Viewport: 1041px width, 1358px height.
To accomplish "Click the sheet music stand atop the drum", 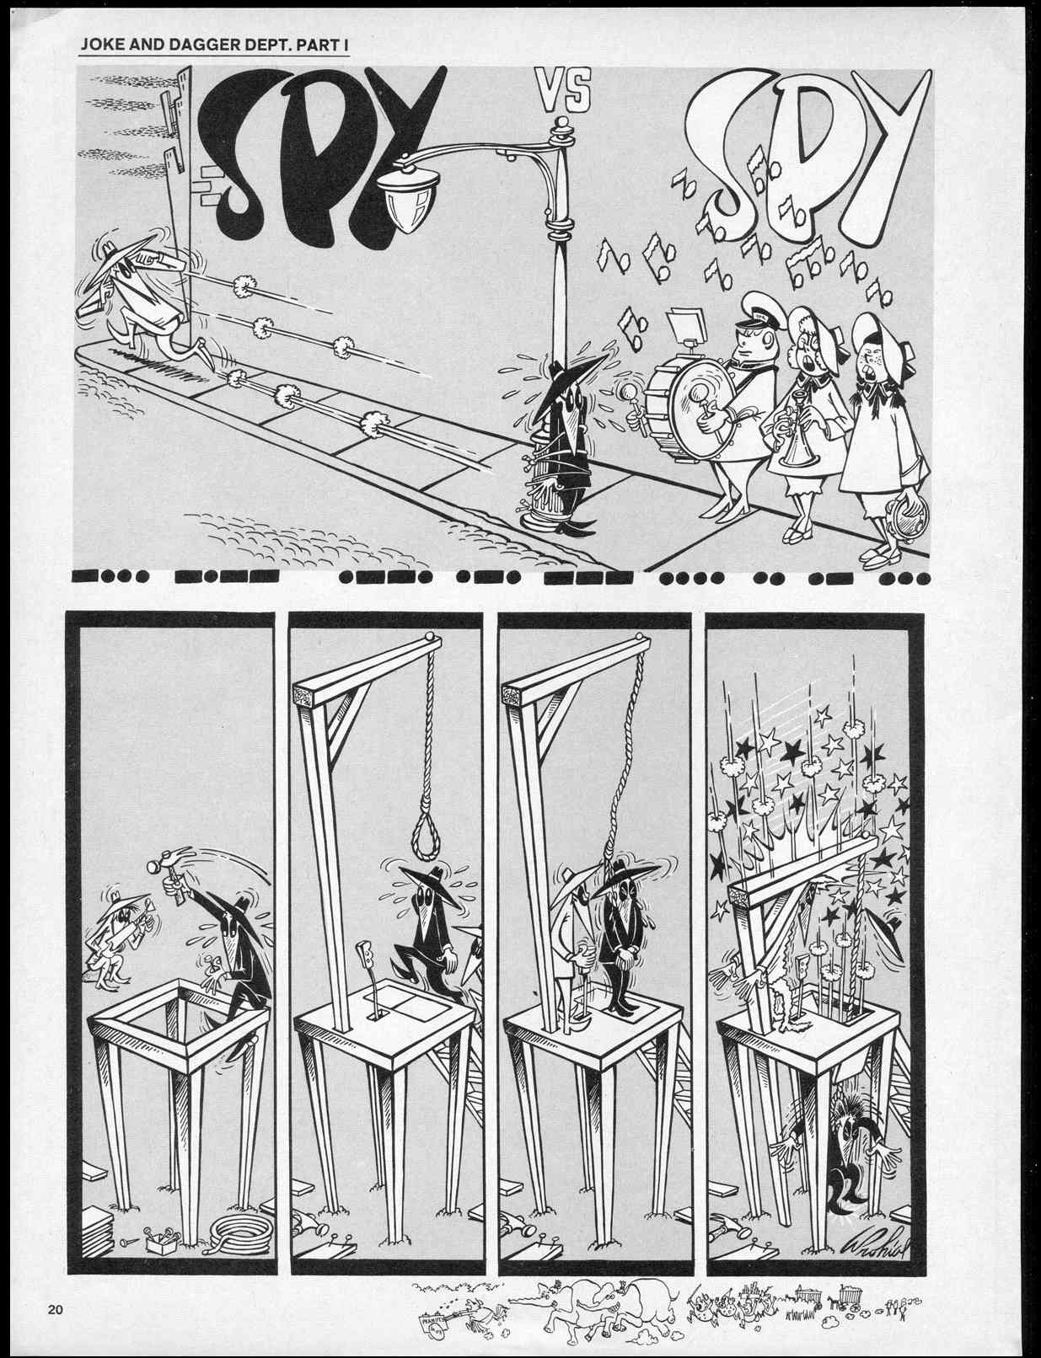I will click(685, 326).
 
